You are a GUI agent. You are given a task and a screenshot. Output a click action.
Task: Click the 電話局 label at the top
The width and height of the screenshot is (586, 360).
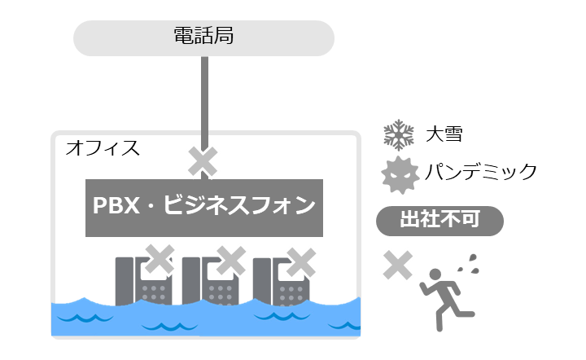pyautogui.click(x=203, y=37)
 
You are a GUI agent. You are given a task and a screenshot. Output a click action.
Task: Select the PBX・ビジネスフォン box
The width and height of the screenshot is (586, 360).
pyautogui.click(x=203, y=206)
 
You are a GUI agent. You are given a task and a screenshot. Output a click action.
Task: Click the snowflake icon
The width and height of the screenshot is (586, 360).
pyautogui.click(x=399, y=135)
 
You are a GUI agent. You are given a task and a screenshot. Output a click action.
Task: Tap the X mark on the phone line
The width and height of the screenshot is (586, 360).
pyautogui.click(x=203, y=160)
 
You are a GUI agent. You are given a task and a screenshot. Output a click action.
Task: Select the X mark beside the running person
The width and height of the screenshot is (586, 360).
pyautogui.click(x=398, y=264)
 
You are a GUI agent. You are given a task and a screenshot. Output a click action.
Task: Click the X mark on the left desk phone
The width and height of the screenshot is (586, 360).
pyautogui.click(x=160, y=259)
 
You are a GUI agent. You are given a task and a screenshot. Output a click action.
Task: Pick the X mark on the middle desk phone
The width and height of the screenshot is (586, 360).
pyautogui.click(x=231, y=260)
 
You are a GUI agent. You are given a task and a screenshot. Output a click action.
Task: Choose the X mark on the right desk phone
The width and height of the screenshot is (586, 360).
pyautogui.click(x=302, y=260)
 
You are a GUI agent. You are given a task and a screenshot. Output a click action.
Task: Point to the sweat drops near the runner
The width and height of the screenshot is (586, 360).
pyautogui.click(x=469, y=261)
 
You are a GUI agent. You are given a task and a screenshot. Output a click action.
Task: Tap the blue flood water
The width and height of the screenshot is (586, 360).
pyautogui.click(x=203, y=322)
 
